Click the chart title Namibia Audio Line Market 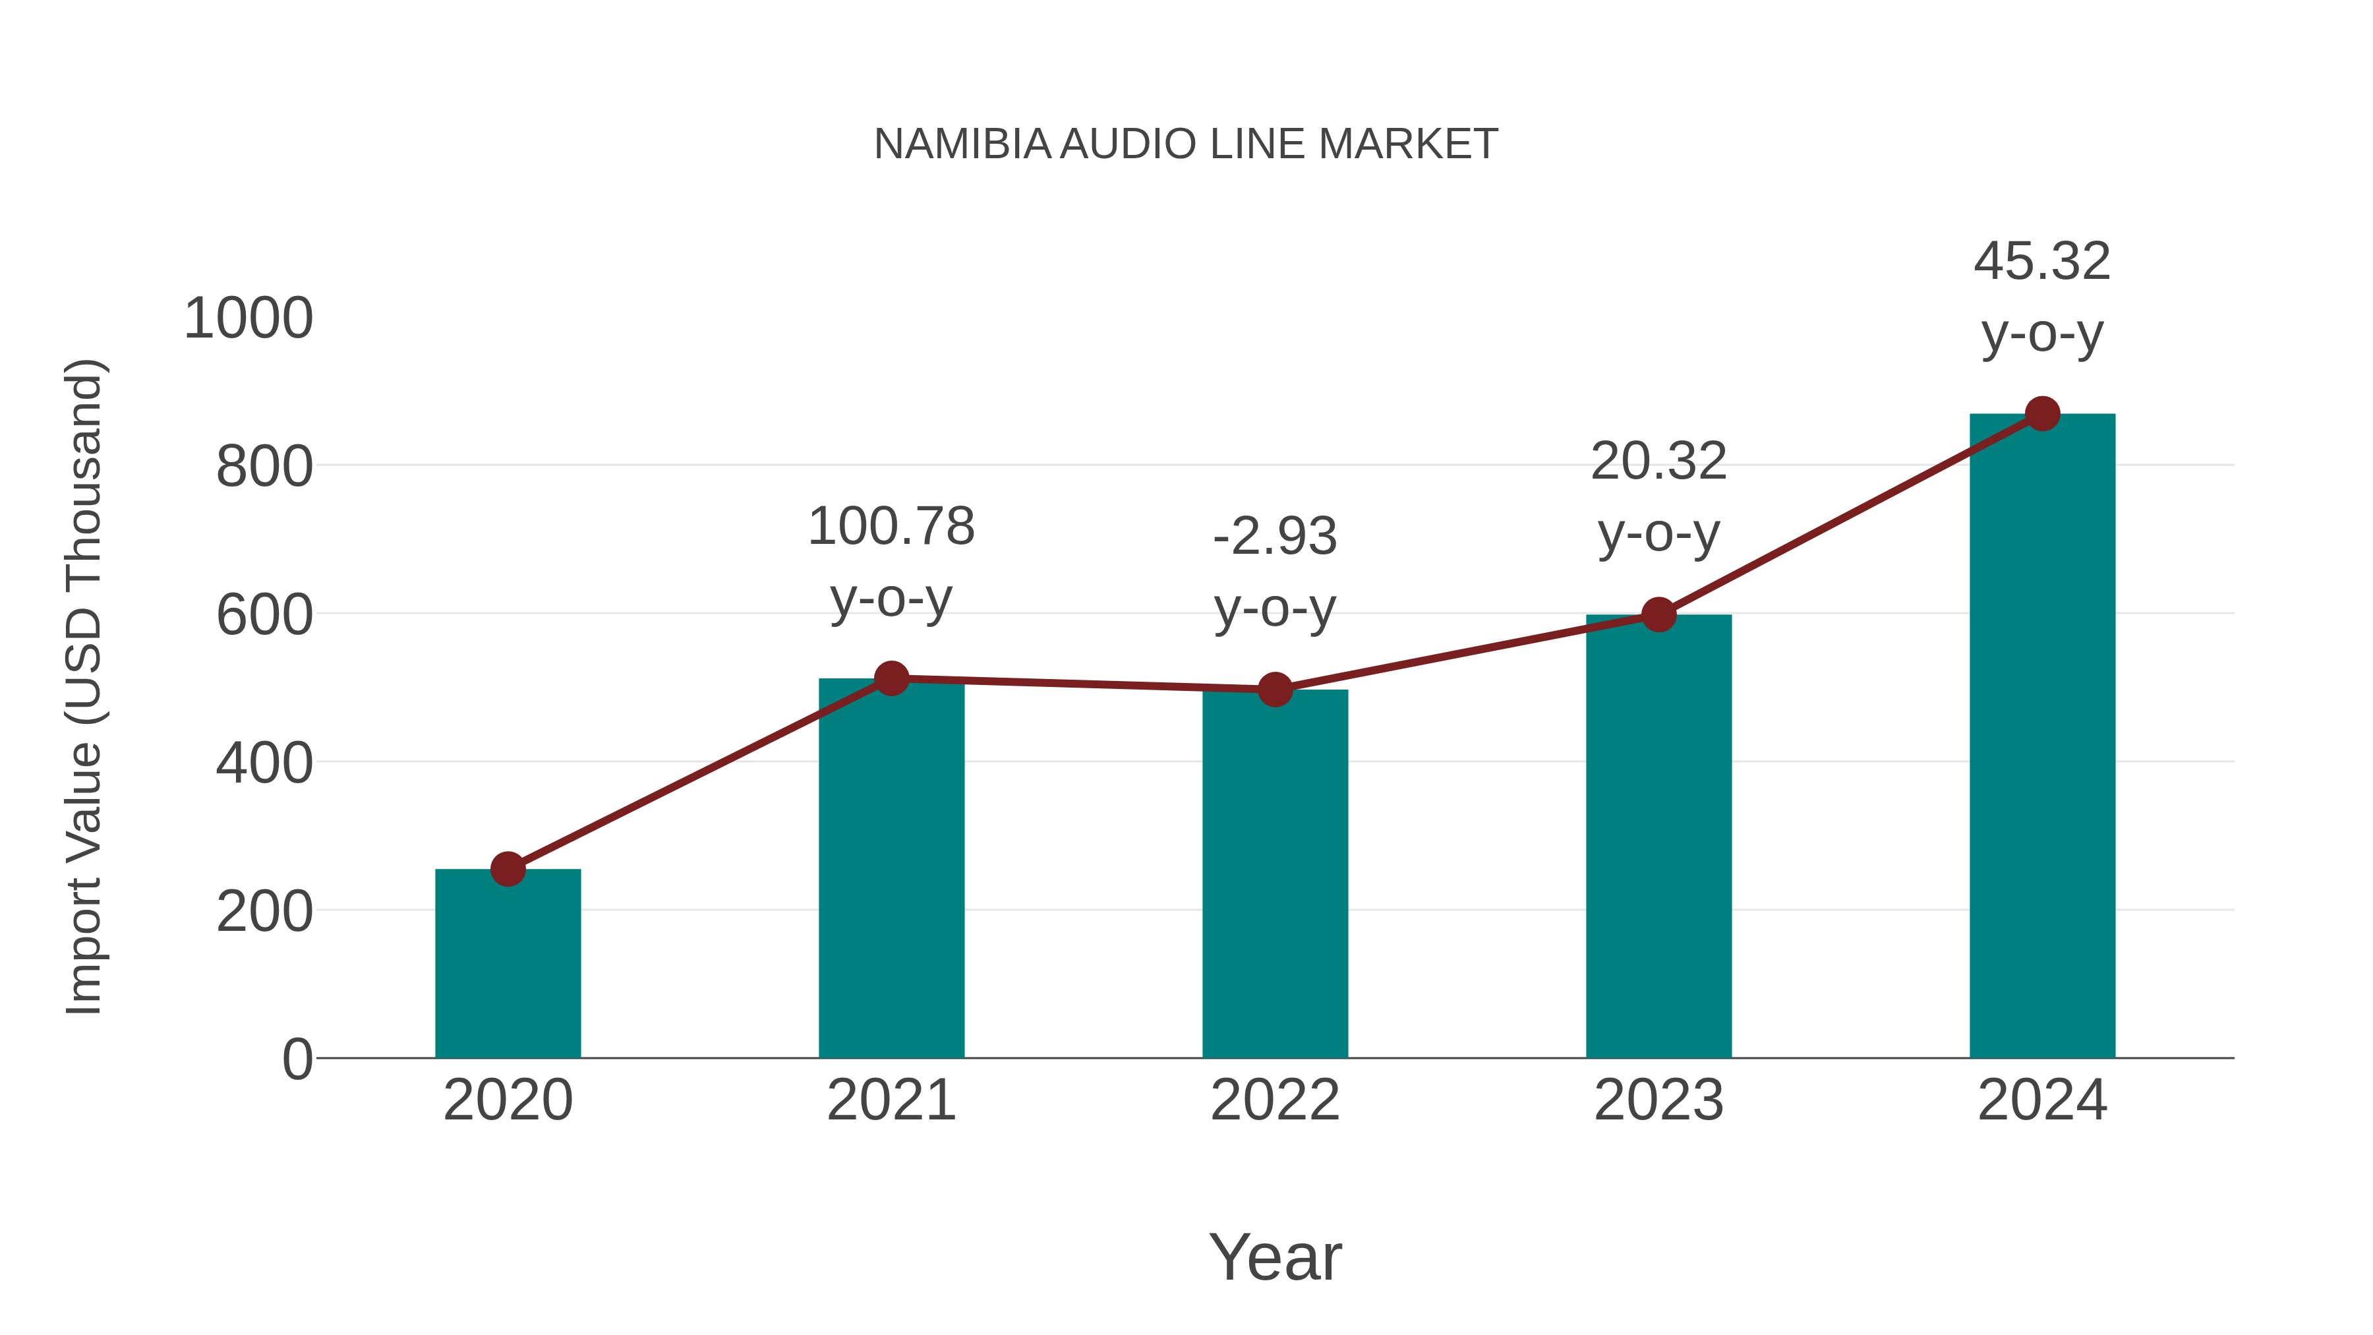1186,144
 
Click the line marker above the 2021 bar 891,679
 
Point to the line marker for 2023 1658,614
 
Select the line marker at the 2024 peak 2042,413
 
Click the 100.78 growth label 891,527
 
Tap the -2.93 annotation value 1275,537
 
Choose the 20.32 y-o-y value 1658,461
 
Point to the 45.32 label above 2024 2042,262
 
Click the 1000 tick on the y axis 249,319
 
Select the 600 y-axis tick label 264,616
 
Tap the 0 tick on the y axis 297,1059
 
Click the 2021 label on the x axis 891,1100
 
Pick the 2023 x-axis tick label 1658,1100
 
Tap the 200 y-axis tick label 264,912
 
